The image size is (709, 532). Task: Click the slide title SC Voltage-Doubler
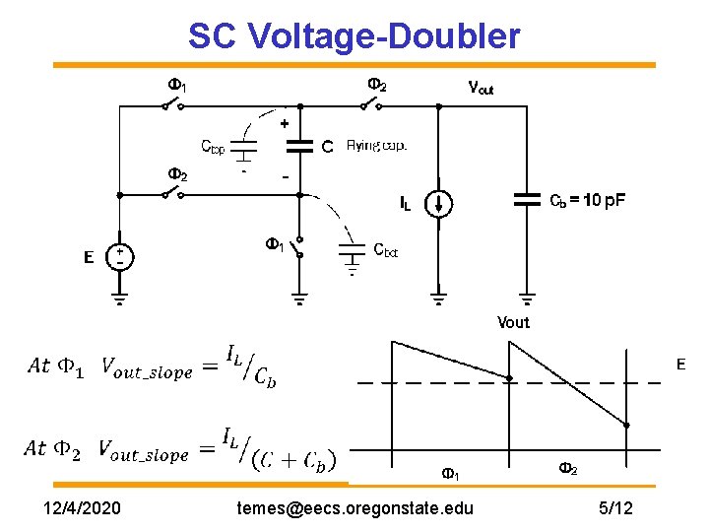354,36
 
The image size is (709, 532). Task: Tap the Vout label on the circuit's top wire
481,88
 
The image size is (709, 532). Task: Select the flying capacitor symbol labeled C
298,146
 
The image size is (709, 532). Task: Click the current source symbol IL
440,204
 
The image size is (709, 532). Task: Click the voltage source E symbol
119,257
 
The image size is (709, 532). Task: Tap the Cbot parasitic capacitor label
385,250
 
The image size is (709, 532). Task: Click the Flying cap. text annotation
376,146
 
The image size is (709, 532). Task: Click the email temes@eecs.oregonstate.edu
355,508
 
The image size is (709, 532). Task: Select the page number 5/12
615,508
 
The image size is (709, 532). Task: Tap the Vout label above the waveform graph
513,322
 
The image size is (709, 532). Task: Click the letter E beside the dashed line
679,365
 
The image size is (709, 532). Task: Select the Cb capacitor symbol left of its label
528,200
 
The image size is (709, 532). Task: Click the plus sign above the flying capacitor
285,125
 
